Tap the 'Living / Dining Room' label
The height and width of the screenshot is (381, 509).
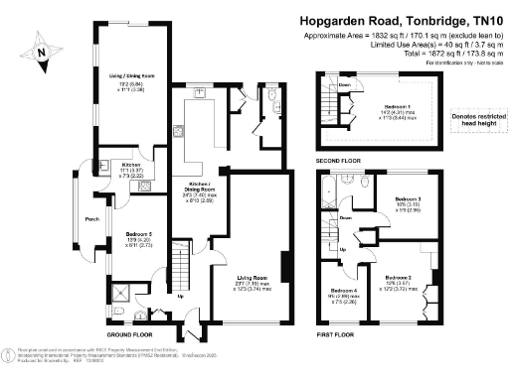pyautogui.click(x=132, y=75)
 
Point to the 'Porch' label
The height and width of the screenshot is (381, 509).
pyautogui.click(x=92, y=219)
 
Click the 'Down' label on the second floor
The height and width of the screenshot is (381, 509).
pyautogui.click(x=344, y=85)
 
